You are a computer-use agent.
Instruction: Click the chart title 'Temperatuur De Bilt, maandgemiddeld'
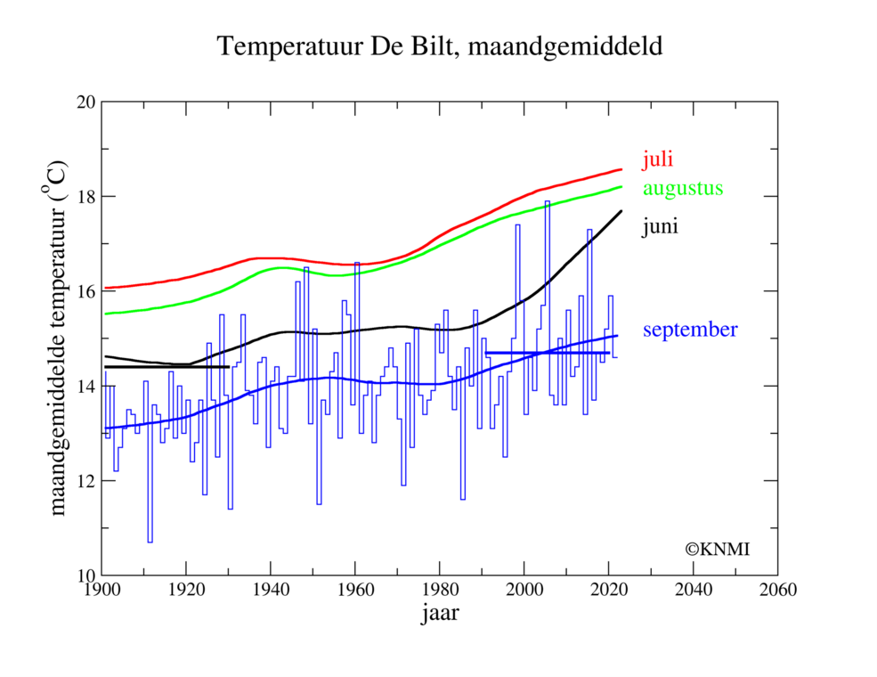click(440, 47)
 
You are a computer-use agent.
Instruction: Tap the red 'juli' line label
click(657, 160)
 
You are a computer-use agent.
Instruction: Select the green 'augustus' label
click(683, 188)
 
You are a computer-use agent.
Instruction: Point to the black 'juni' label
click(660, 227)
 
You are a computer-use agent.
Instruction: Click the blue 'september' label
click(690, 330)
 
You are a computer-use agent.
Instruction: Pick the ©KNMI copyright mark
click(717, 550)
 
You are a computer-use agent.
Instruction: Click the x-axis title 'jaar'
click(440, 615)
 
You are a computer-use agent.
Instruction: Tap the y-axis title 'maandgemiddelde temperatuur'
click(58, 338)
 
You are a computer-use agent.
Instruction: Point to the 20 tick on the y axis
click(85, 102)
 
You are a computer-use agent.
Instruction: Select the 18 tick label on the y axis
click(85, 196)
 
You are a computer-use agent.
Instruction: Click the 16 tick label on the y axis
click(85, 291)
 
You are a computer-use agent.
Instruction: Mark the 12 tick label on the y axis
click(85, 481)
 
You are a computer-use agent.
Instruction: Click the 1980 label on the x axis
click(440, 591)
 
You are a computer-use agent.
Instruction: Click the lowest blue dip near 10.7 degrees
click(150, 541)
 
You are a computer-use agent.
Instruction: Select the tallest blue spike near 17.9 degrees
click(547, 202)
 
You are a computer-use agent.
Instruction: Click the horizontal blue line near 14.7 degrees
click(547, 353)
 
